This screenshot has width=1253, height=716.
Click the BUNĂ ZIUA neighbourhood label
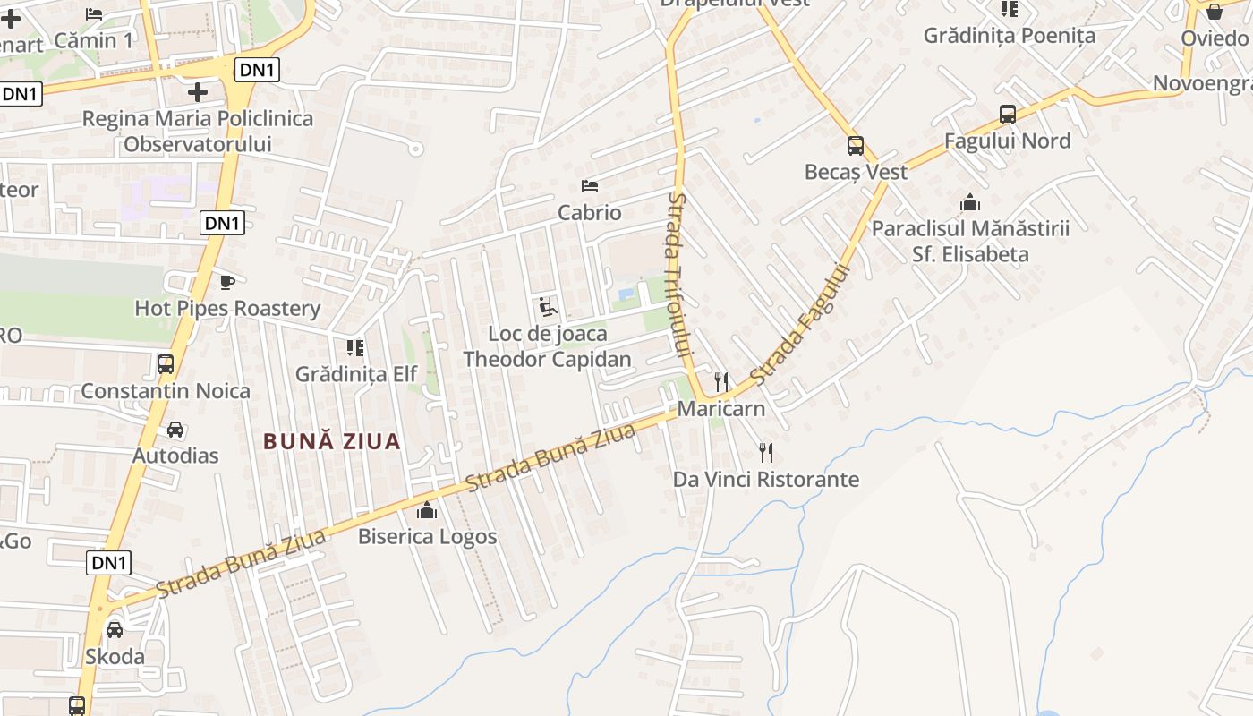[x=332, y=441]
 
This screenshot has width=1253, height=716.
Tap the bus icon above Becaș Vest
[x=856, y=145]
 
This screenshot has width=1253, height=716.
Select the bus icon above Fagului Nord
[x=1008, y=115]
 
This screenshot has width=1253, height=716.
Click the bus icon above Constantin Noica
[x=166, y=364]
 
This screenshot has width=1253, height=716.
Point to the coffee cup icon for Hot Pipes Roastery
[x=227, y=282]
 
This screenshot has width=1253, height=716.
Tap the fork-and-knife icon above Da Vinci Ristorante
[x=766, y=452]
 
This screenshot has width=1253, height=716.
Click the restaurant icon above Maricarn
[x=721, y=382]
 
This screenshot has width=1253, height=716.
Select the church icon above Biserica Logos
[x=427, y=510]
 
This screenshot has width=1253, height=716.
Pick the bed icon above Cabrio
[x=590, y=186]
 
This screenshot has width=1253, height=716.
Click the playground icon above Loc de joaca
[x=548, y=308]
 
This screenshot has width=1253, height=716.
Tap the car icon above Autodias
[x=175, y=430]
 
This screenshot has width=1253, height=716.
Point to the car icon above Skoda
[x=115, y=629]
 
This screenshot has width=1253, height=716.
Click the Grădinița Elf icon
[x=355, y=347]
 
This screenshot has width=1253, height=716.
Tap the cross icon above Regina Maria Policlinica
[x=198, y=92]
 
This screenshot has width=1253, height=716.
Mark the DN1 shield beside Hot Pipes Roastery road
[x=223, y=223]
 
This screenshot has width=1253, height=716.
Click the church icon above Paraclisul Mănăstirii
[x=970, y=203]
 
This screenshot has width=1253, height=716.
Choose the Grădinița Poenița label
[x=1010, y=36]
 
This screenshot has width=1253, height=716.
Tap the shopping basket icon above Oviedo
[x=1215, y=12]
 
